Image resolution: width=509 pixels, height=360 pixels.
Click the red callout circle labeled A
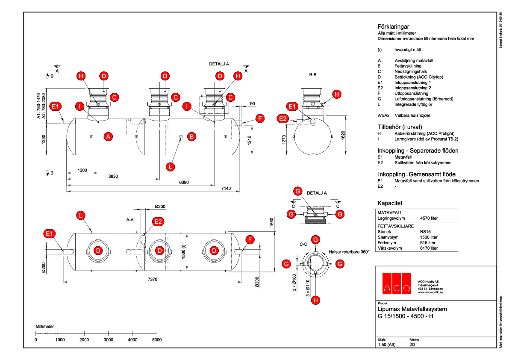point(109,137)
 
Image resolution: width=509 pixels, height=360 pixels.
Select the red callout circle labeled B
point(191,136)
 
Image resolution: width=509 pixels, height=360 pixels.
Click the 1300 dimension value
point(82,170)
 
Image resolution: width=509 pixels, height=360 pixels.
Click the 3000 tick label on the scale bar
point(109,340)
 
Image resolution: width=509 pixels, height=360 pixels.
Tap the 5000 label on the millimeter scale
point(157,340)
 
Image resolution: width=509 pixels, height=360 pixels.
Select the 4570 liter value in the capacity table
point(429,218)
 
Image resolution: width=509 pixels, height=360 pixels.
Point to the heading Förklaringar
point(393,27)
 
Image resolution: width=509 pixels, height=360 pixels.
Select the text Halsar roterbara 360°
point(349,252)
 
